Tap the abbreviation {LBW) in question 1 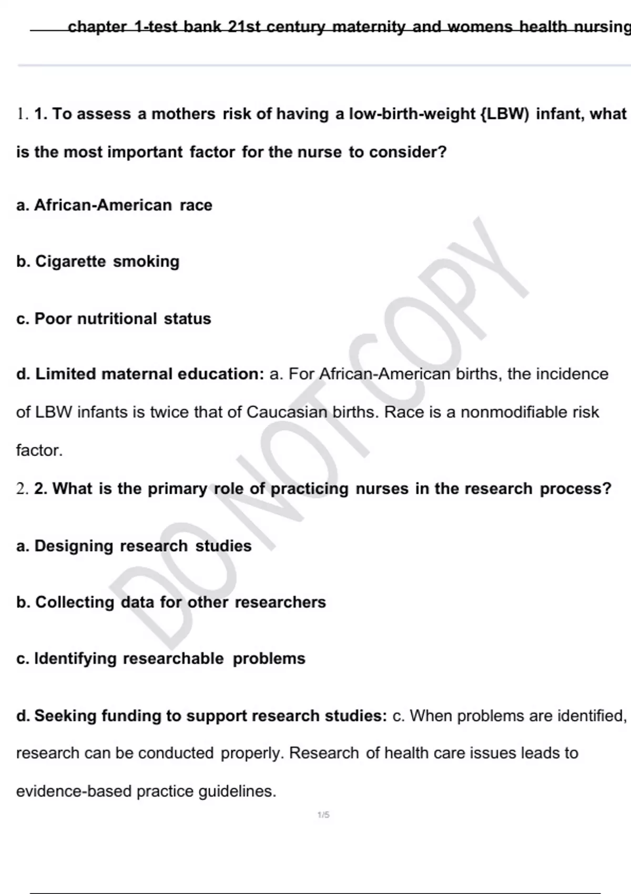click(505, 114)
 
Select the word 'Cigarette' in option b click(70, 261)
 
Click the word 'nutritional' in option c click(117, 319)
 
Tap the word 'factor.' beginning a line click(39, 450)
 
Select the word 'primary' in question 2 click(177, 489)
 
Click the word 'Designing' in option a click(74, 546)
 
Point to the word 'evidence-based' click(74, 791)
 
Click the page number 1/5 click(323, 815)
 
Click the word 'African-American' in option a click(103, 205)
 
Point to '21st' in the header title click(245, 26)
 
